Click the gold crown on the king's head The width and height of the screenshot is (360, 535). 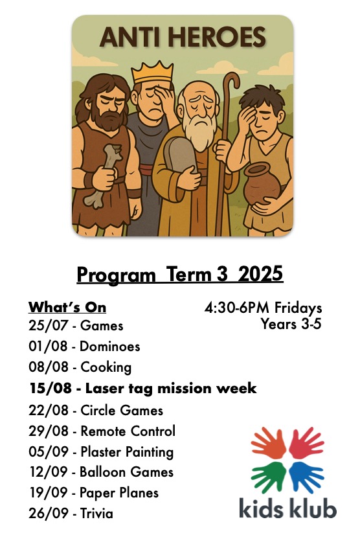tap(152, 71)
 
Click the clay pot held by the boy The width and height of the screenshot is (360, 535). tap(262, 183)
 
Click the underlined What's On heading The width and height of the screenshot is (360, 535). tap(67, 307)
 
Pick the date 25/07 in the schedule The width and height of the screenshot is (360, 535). tap(49, 325)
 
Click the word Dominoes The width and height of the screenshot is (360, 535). tap(110, 347)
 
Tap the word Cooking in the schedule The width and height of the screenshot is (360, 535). tap(106, 367)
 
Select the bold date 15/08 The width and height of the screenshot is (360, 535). tap(51, 388)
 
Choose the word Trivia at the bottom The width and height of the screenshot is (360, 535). tap(96, 513)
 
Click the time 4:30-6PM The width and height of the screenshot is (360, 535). tap(238, 308)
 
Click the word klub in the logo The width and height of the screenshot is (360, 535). tap(312, 507)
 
